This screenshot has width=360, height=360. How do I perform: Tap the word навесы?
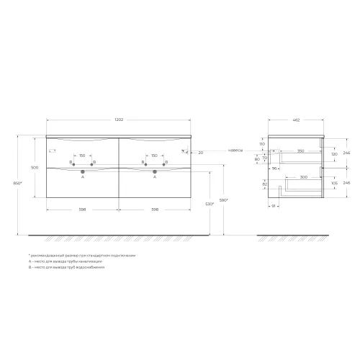235,152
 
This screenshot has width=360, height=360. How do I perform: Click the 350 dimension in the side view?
300,151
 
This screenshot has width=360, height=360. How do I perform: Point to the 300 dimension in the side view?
303,177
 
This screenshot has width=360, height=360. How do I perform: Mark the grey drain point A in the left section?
84,172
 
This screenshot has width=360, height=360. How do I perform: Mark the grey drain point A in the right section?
154,172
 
